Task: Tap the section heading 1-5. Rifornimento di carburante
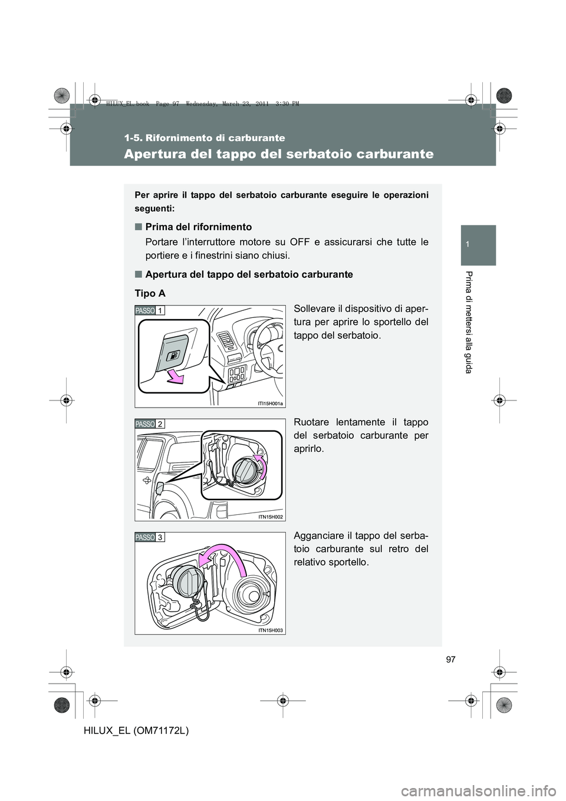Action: pyautogui.click(x=205, y=139)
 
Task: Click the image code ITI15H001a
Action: pyautogui.click(x=270, y=403)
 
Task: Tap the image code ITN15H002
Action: pyautogui.click(x=270, y=517)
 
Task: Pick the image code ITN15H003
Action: pyautogui.click(x=270, y=630)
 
